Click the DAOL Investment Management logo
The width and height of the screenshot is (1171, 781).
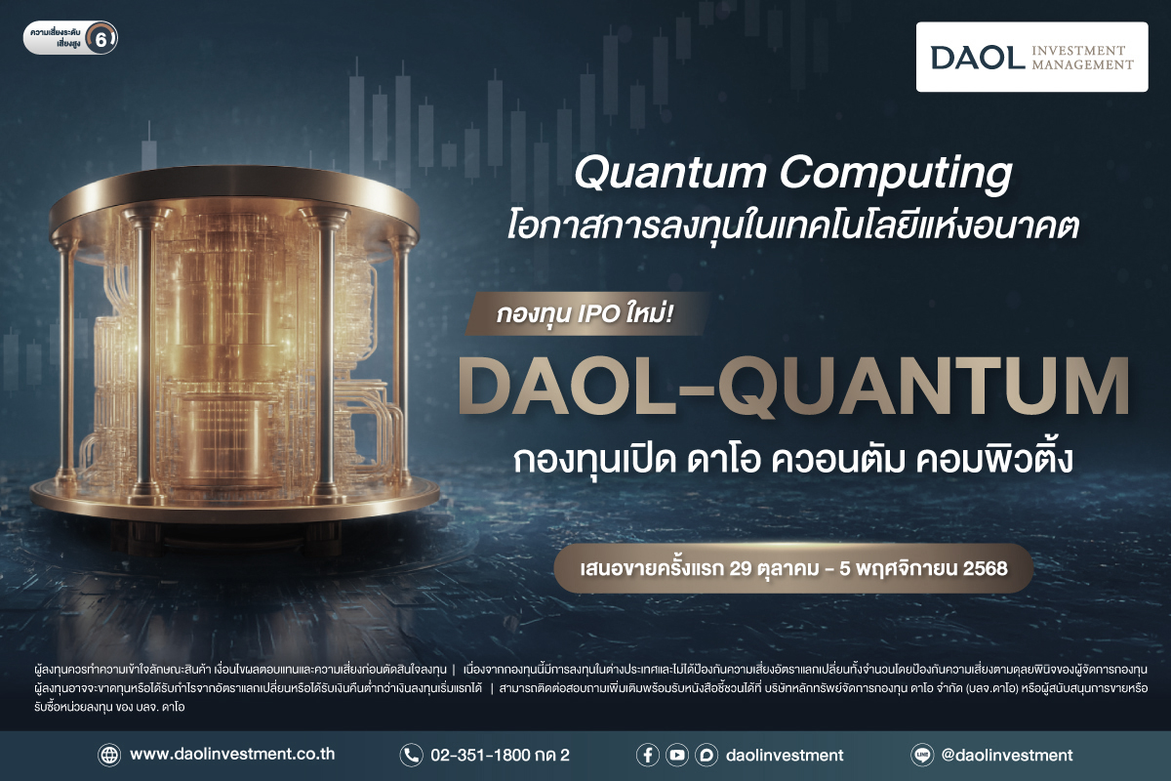1032,57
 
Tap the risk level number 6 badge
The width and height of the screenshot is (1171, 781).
101,39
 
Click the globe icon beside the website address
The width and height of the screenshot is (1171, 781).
108,755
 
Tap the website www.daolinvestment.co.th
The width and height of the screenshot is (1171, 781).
232,755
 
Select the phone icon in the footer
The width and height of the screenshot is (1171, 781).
410,755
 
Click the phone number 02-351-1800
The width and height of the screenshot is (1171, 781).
488,755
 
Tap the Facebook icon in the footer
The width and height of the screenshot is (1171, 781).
647,755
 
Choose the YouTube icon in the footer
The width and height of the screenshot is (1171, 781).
676,755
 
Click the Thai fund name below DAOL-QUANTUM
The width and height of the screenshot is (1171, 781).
793,460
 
